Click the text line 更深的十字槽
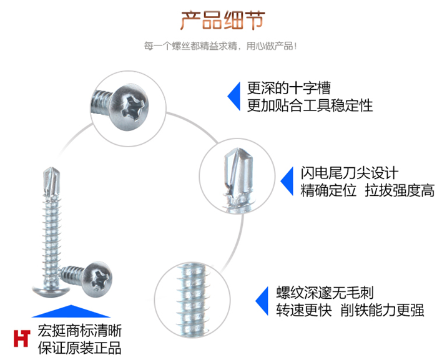[288, 88]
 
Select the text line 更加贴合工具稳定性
[310, 105]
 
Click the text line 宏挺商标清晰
[79, 331]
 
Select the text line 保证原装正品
[79, 348]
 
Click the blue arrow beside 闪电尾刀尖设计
[287, 182]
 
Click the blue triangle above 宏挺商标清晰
[73, 311]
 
